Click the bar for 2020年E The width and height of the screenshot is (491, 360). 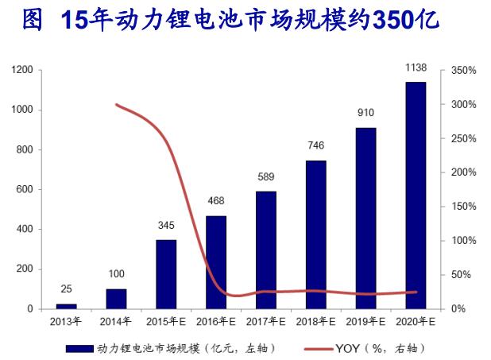[x=415, y=195]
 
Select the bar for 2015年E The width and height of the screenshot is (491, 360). [x=166, y=273]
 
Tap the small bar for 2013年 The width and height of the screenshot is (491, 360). [x=67, y=305]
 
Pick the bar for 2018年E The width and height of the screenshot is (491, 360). [x=315, y=234]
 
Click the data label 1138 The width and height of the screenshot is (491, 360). [x=415, y=69]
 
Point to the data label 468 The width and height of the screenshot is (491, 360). [x=216, y=202]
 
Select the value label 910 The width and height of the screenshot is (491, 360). [x=365, y=114]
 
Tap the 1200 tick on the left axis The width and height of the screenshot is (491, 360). [x=21, y=71]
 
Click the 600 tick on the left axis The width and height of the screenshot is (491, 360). [x=24, y=190]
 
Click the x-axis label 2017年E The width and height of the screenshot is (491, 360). [x=265, y=322]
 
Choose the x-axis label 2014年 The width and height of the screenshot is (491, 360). [x=116, y=322]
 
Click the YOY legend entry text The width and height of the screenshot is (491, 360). [x=380, y=347]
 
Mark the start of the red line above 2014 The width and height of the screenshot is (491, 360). [x=116, y=105]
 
